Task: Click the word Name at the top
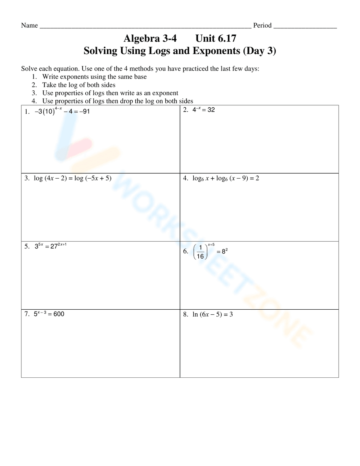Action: (x=30, y=25)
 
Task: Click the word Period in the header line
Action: (x=262, y=25)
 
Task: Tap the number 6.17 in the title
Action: (x=225, y=38)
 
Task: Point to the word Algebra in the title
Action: (x=141, y=38)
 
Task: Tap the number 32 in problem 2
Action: (x=211, y=110)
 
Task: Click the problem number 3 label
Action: (x=27, y=178)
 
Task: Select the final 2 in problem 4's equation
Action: (x=257, y=178)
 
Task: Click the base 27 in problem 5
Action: (x=54, y=247)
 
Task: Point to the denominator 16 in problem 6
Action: (x=200, y=256)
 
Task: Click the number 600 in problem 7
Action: (x=59, y=314)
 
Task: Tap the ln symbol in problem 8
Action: (x=195, y=314)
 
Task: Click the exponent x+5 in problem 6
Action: (x=211, y=245)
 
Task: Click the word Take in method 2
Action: (x=49, y=85)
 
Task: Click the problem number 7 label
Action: (x=27, y=314)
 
